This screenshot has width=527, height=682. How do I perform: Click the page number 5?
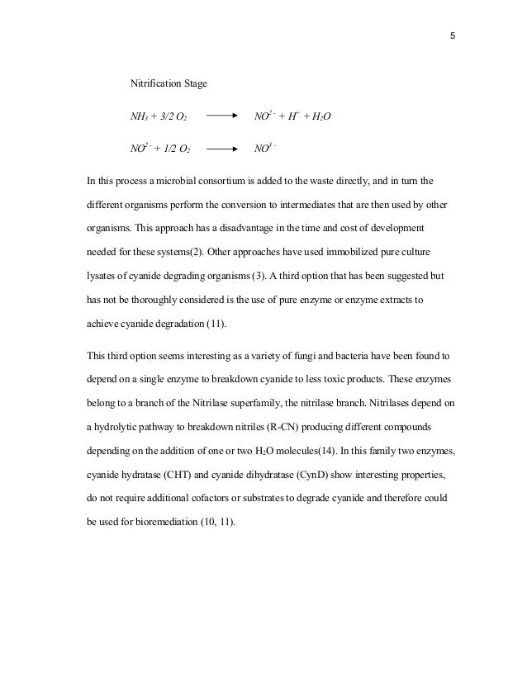(x=453, y=36)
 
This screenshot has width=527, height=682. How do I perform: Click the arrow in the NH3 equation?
(x=227, y=118)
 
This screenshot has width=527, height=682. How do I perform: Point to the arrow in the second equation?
(x=227, y=150)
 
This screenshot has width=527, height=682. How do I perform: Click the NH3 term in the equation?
(x=141, y=118)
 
